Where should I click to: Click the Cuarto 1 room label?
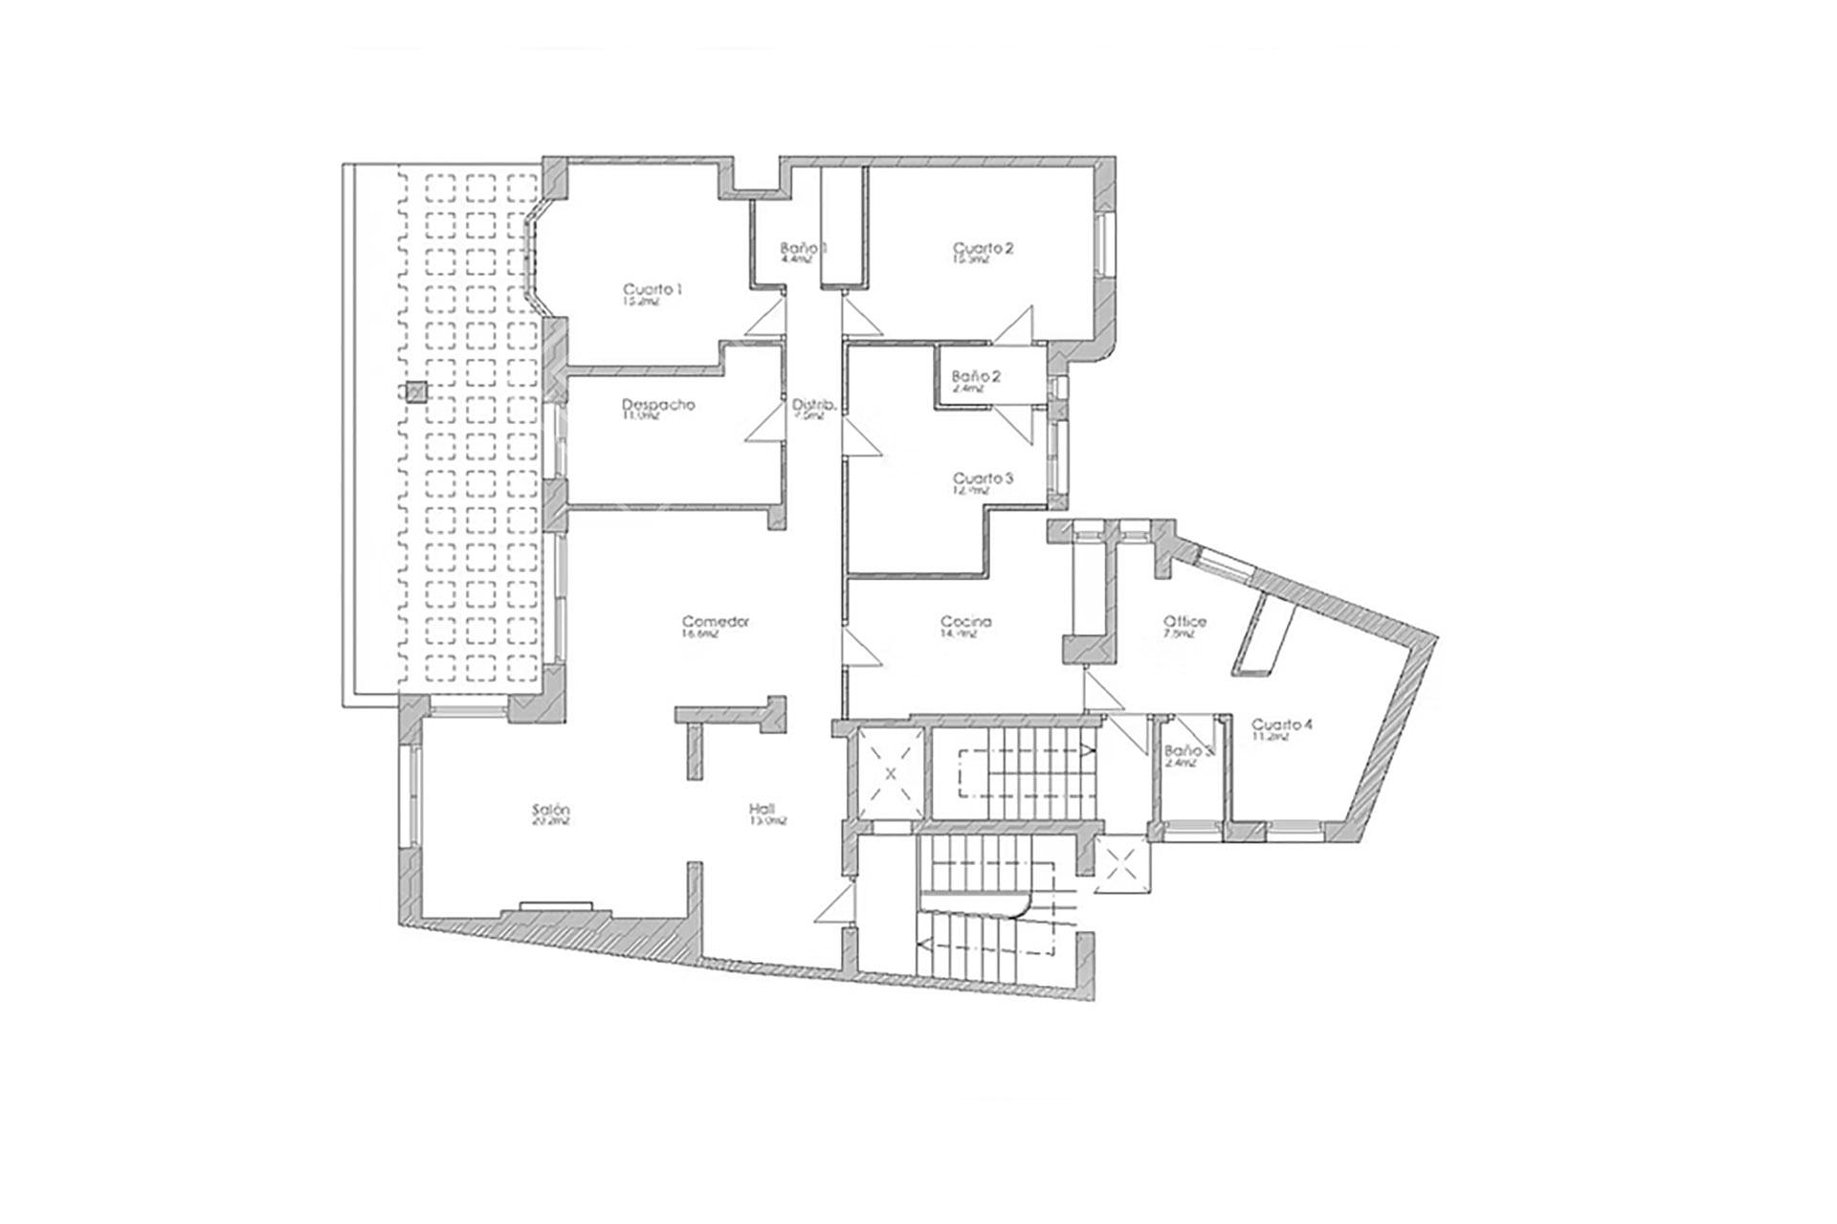(x=653, y=290)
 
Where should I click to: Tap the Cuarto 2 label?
(x=983, y=249)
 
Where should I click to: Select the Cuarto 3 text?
(x=983, y=478)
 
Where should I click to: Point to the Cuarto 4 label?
(x=1282, y=725)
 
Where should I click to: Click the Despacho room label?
(x=658, y=405)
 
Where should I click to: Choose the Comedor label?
(x=715, y=621)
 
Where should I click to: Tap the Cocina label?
(x=965, y=621)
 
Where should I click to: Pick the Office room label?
(x=1184, y=621)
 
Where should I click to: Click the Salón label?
(x=551, y=811)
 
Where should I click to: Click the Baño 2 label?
(x=976, y=377)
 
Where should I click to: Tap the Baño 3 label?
(x=1187, y=752)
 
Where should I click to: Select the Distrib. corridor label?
(x=814, y=405)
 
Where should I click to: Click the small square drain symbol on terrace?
(x=415, y=391)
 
